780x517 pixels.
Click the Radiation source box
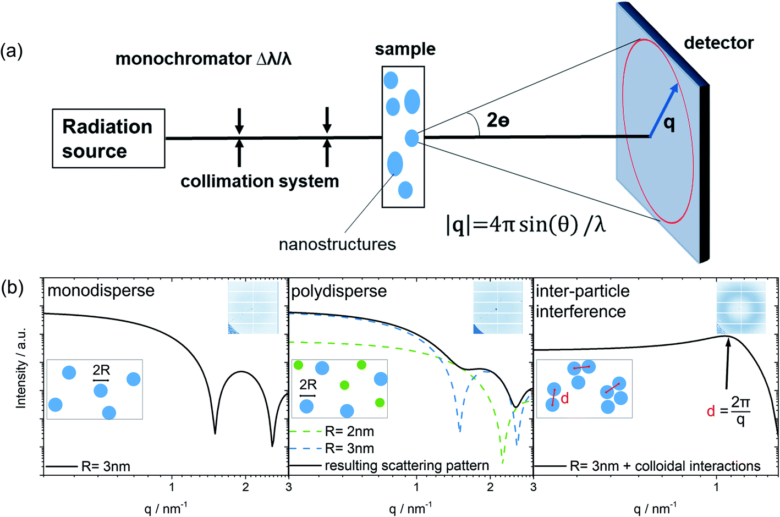tap(108, 138)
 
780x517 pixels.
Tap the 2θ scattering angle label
tap(497, 120)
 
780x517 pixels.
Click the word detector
tap(718, 43)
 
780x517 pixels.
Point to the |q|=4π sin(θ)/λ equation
tap(525, 224)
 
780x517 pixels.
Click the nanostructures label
tap(337, 244)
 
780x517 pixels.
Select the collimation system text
tap(260, 181)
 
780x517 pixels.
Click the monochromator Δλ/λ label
tap(203, 59)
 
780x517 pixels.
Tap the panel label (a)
tap(12, 52)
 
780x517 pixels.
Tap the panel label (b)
tap(12, 287)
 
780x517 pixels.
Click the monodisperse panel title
tap(101, 290)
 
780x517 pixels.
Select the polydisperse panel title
tap(339, 291)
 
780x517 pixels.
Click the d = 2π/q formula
tap(729, 410)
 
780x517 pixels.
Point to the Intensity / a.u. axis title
tap(21, 367)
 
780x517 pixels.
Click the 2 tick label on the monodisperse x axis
tap(245, 487)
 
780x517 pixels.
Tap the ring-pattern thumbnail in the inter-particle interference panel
tap(741, 308)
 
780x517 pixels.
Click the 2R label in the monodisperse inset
tap(101, 371)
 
